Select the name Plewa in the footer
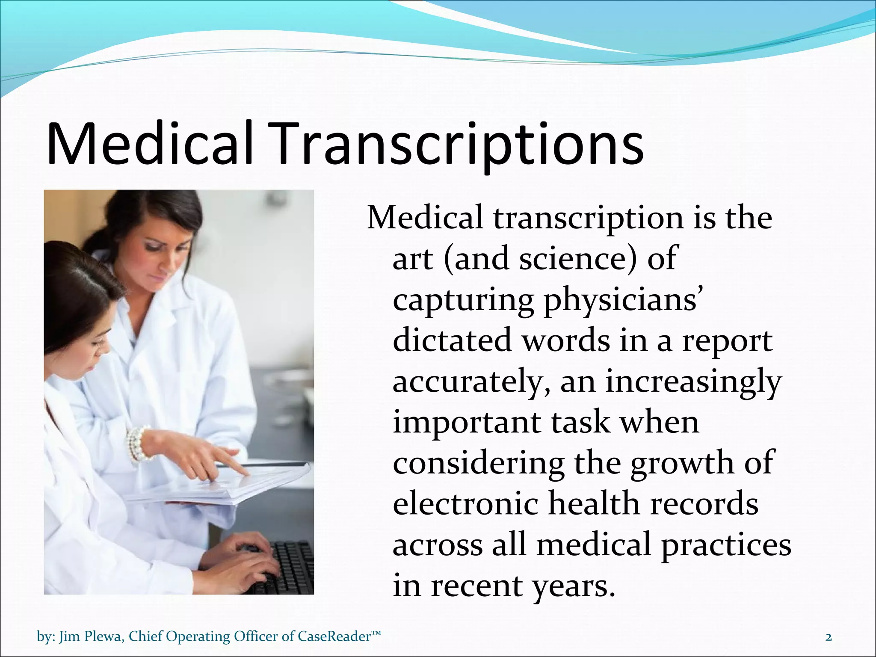click(104, 636)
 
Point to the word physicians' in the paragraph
click(622, 300)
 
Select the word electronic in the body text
click(465, 504)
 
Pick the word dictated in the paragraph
click(453, 341)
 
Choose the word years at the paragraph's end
click(573, 586)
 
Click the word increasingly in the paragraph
click(693, 382)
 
